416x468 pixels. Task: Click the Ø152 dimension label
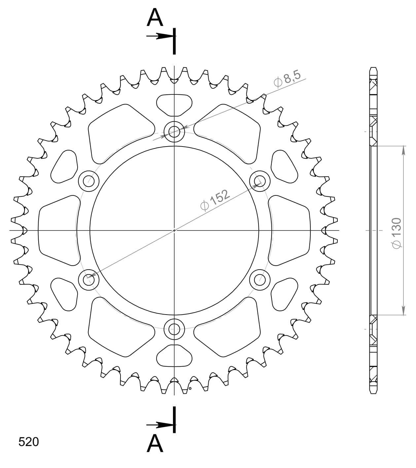pyautogui.click(x=215, y=199)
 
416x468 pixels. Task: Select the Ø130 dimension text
pyautogui.click(x=396, y=233)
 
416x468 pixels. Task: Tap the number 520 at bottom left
pyautogui.click(x=29, y=442)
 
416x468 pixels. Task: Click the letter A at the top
pyautogui.click(x=155, y=18)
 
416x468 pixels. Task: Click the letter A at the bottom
pyautogui.click(x=155, y=444)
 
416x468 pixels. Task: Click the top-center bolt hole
pyautogui.click(x=174, y=132)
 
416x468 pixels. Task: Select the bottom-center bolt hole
pyautogui.click(x=174, y=329)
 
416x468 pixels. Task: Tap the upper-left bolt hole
pyautogui.click(x=89, y=181)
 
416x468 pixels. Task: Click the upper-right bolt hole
pyautogui.click(x=260, y=181)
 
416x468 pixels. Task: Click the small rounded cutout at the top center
pyautogui.click(x=174, y=105)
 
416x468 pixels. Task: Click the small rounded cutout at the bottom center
pyautogui.click(x=174, y=356)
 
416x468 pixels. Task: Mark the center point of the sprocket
pyautogui.click(x=174, y=230)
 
